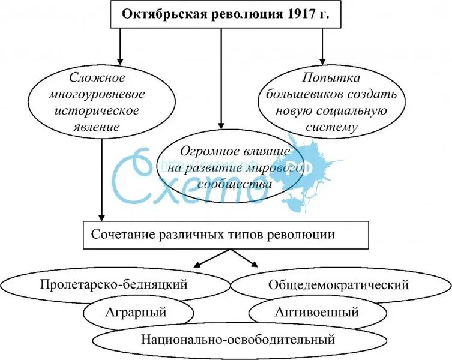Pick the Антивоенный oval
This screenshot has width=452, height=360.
coord(316,313)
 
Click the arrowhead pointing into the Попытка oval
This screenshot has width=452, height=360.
coord(323,60)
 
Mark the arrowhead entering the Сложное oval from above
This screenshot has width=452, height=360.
coord(119,60)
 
